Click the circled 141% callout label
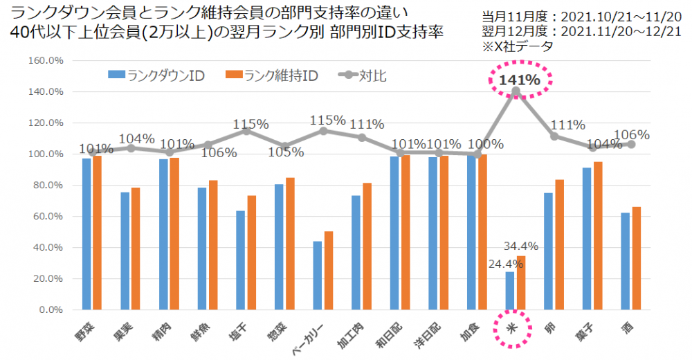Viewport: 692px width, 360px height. coord(519,80)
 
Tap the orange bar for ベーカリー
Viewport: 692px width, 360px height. coord(329,271)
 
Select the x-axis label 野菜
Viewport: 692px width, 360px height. coord(85,326)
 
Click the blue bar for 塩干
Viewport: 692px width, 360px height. coord(240,260)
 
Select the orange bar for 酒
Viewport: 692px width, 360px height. coord(636,258)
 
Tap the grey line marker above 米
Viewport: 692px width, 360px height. coord(516,91)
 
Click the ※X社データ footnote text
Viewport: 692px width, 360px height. coord(523,46)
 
